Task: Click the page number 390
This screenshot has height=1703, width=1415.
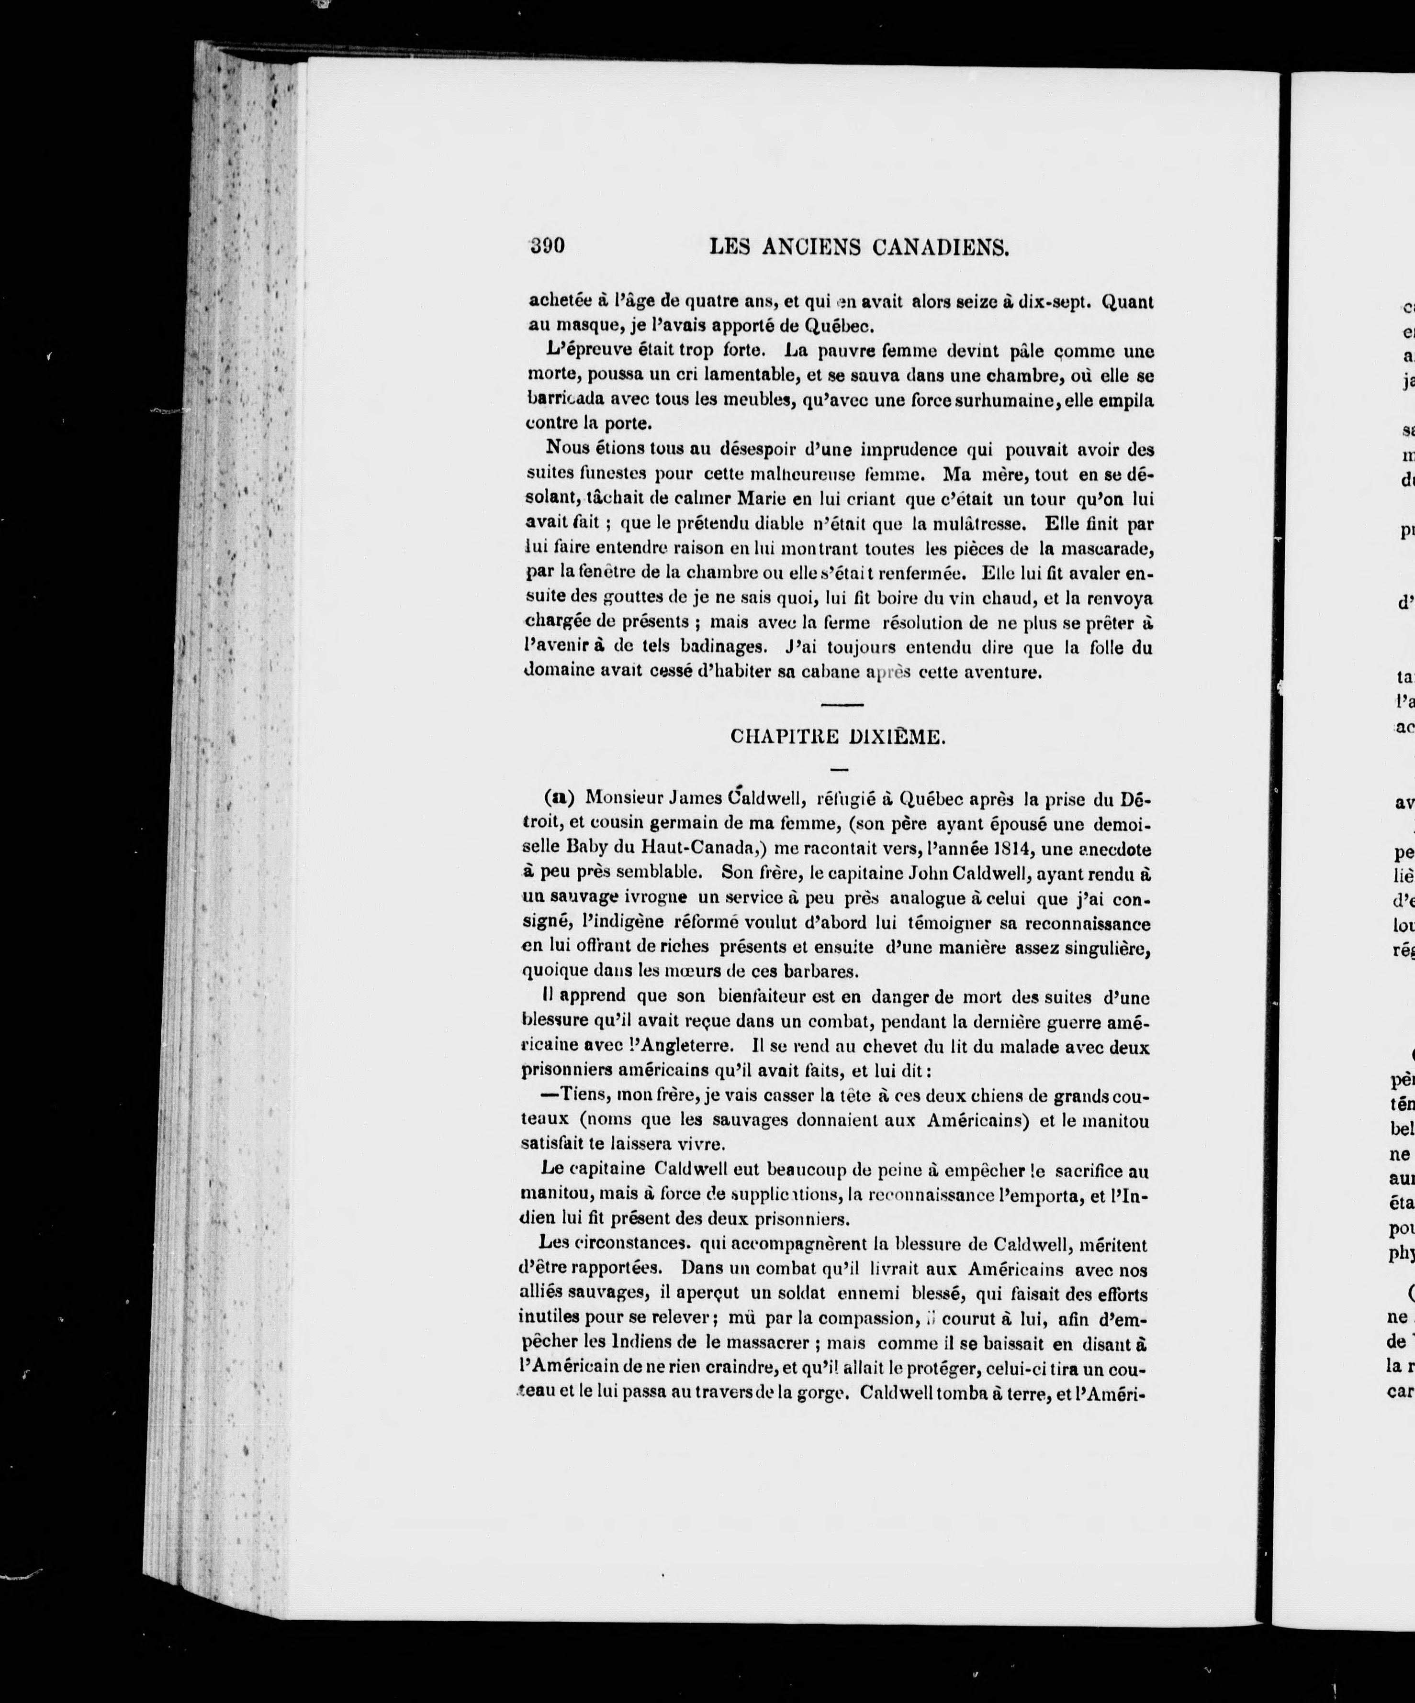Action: click(547, 246)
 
